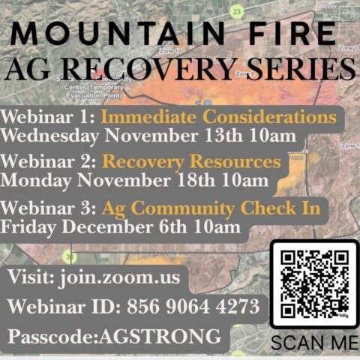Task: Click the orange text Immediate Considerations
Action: pos(217,118)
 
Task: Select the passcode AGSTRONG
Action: pos(166,335)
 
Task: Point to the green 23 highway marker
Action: pos(237,11)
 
